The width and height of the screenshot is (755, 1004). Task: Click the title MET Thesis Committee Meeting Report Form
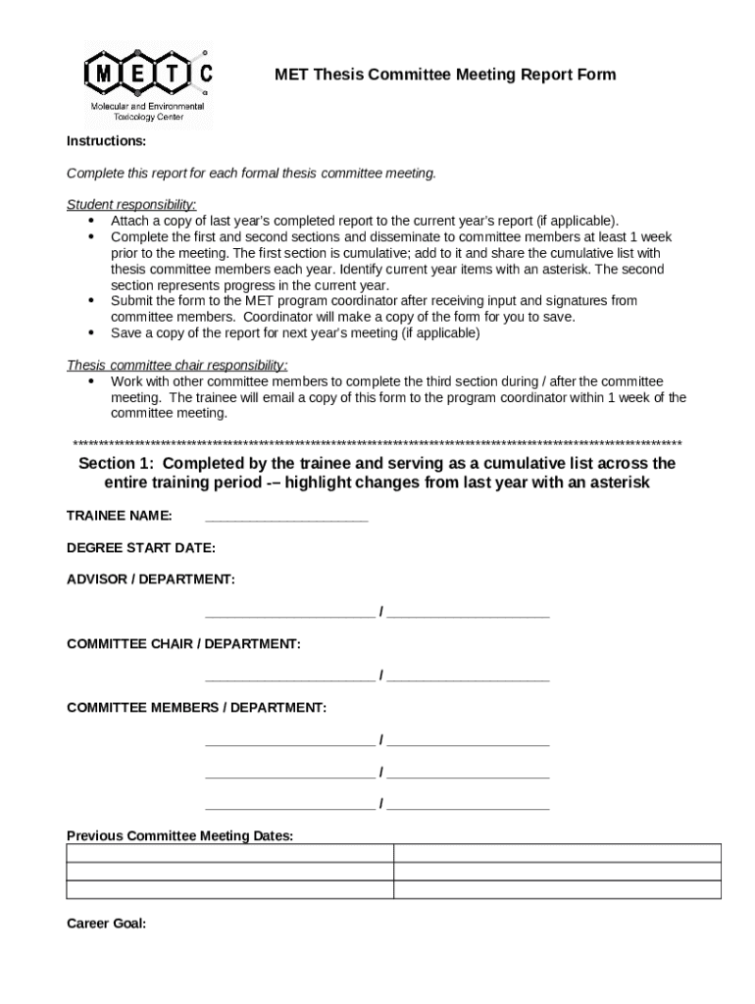(444, 75)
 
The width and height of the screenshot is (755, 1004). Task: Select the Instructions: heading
(106, 141)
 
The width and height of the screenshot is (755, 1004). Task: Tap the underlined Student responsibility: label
(131, 204)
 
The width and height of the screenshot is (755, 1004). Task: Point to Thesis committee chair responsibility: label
(176, 366)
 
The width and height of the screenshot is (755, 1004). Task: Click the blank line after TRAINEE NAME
(286, 517)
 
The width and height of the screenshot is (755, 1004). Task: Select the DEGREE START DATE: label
(140, 547)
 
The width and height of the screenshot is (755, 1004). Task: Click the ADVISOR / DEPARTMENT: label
(150, 579)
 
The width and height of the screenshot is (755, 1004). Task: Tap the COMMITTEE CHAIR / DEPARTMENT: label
(183, 643)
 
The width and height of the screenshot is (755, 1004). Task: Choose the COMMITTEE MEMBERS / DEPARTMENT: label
(196, 707)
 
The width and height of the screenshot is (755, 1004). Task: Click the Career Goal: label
(106, 923)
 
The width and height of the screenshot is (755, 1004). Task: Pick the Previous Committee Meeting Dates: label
(179, 835)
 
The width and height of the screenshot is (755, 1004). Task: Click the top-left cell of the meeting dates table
(229, 853)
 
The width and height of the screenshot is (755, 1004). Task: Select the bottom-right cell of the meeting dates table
(557, 890)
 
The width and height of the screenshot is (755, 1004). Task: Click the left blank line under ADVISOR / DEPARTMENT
(289, 613)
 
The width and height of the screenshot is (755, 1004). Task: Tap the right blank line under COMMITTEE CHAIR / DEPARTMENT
(469, 677)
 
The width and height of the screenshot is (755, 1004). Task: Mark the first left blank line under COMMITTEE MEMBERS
(289, 740)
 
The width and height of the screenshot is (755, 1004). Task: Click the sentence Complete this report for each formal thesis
(250, 173)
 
